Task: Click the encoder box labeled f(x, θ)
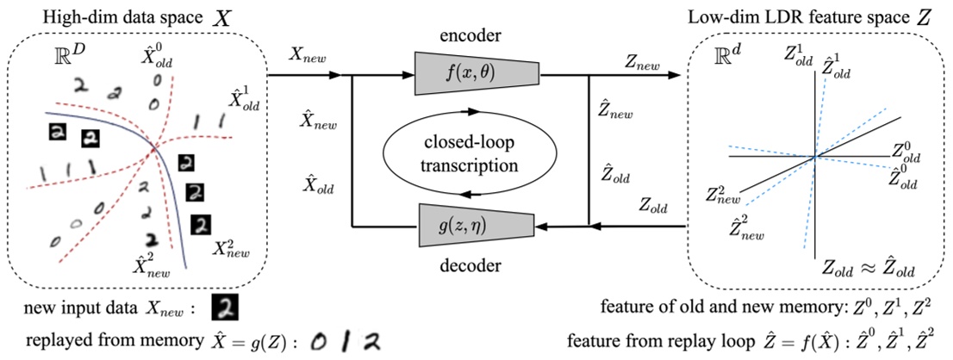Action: click(477, 74)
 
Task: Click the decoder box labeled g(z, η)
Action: click(477, 226)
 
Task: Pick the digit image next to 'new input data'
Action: click(224, 309)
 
